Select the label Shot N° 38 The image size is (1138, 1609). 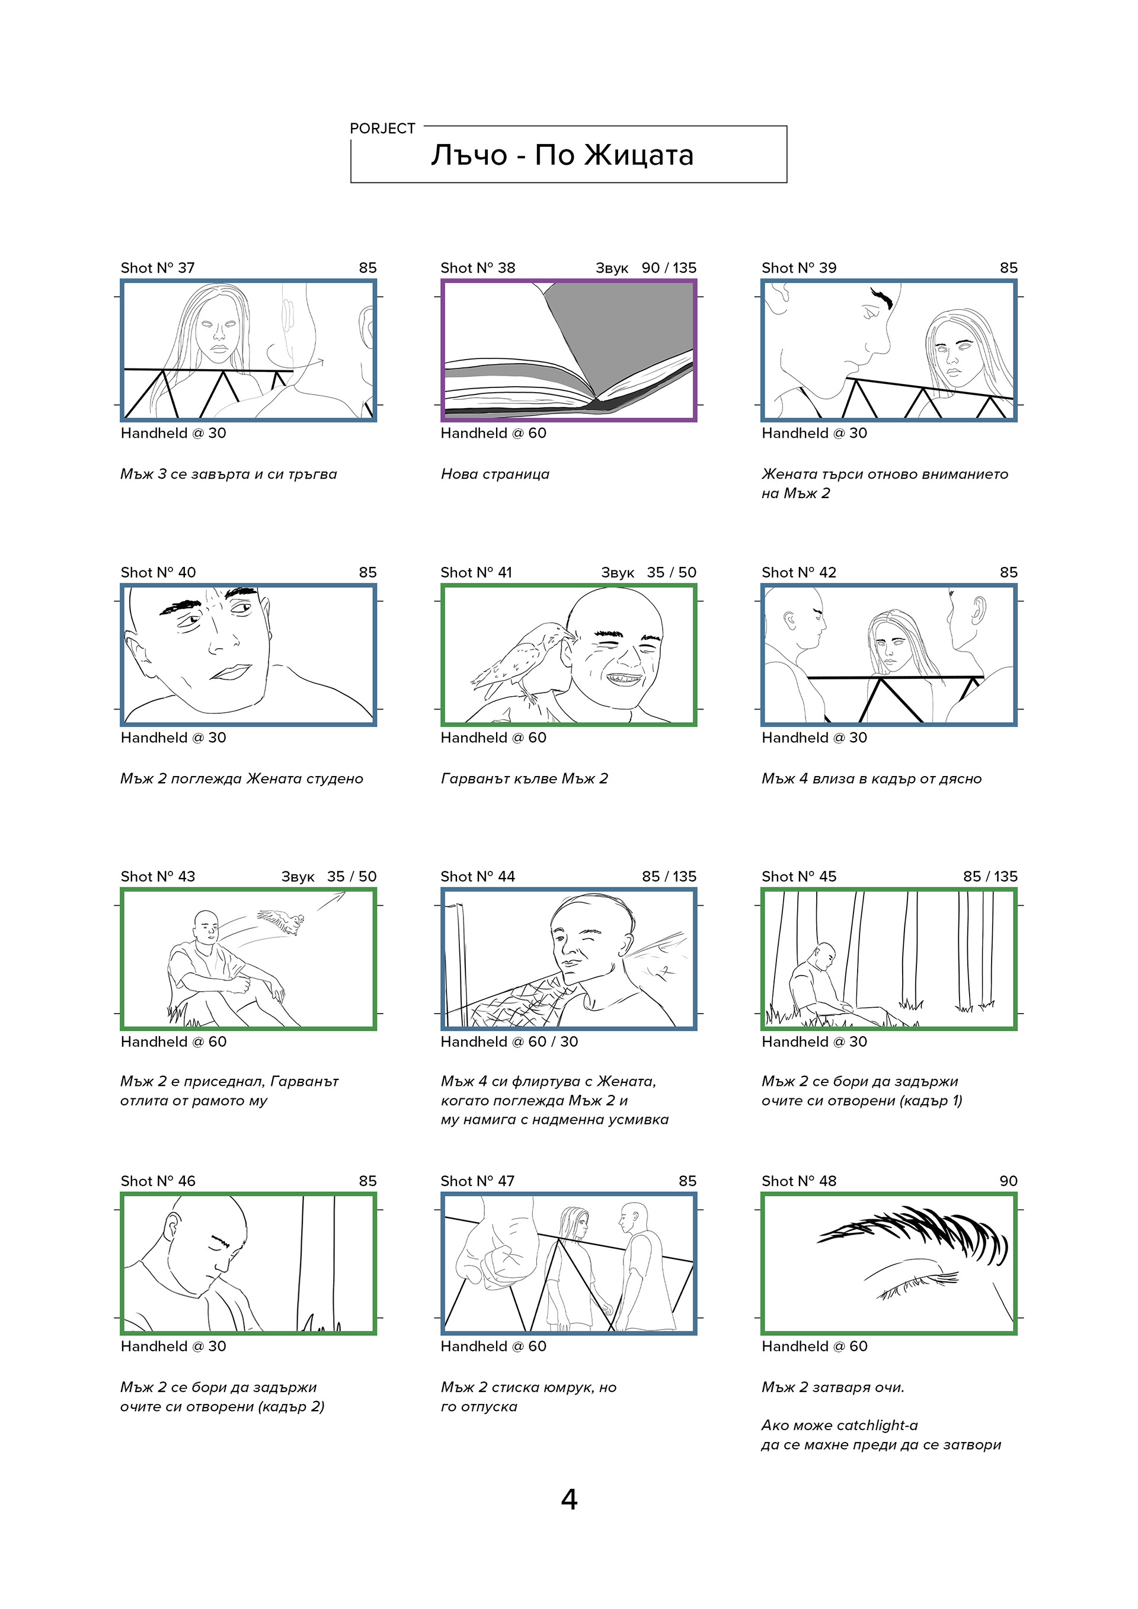(478, 268)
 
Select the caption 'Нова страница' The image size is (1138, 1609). (495, 475)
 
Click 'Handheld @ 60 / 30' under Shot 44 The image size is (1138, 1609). (509, 1042)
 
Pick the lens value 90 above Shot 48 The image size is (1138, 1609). (1008, 1181)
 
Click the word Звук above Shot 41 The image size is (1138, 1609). (617, 572)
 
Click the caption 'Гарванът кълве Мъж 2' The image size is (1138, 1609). (525, 778)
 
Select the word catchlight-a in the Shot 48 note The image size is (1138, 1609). (877, 1425)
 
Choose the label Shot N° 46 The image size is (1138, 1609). (158, 1181)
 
